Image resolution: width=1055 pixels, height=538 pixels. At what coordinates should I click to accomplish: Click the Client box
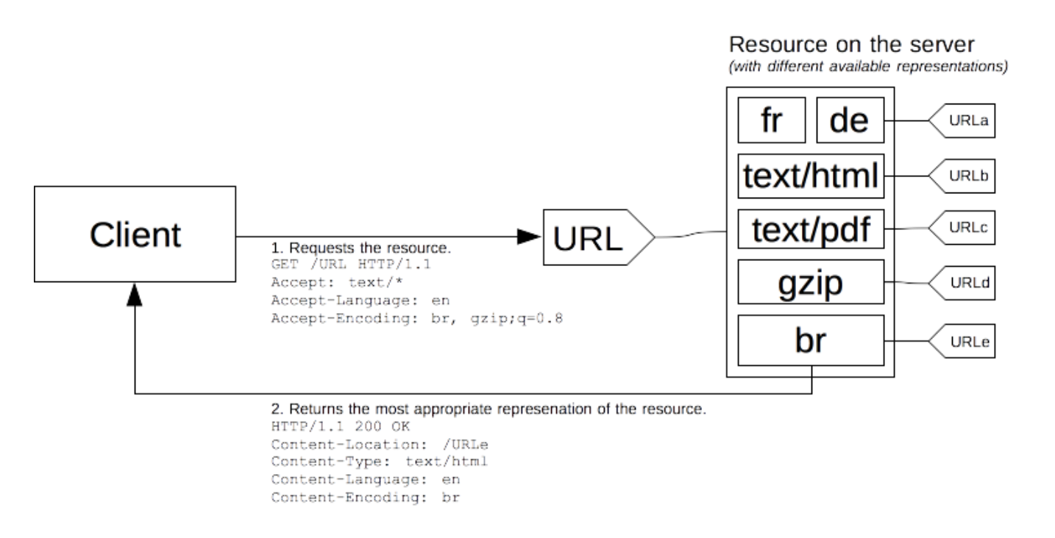(135, 234)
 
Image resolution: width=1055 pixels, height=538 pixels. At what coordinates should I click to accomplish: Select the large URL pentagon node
(598, 237)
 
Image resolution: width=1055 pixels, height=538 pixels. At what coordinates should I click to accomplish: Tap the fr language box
(772, 120)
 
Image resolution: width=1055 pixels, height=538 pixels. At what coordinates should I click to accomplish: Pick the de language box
(850, 120)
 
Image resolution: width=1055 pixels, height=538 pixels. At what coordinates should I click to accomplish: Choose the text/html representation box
(811, 176)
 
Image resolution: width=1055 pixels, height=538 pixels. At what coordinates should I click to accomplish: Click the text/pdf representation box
(811, 229)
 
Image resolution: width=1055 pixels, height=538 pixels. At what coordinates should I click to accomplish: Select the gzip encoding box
(811, 282)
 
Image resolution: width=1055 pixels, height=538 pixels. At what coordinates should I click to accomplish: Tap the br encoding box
(811, 340)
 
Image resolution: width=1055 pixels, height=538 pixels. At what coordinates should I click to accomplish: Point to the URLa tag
(962, 121)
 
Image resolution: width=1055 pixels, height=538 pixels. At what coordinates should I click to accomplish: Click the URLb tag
(962, 176)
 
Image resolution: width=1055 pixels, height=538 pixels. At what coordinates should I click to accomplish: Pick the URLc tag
(962, 228)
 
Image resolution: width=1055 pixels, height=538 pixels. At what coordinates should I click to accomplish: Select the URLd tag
(962, 283)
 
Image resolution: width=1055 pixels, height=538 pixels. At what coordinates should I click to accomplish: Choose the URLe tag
(962, 341)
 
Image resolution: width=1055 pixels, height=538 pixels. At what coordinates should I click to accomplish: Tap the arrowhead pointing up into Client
(135, 295)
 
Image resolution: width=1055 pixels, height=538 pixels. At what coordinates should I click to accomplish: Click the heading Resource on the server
(851, 45)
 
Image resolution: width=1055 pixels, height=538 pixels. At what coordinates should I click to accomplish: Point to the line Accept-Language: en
(360, 301)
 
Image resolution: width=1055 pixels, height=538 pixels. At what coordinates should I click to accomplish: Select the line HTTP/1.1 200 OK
(340, 426)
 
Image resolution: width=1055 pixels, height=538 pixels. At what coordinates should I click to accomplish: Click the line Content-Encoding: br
(365, 498)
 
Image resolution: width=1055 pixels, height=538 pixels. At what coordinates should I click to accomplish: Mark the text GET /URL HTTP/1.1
(351, 264)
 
